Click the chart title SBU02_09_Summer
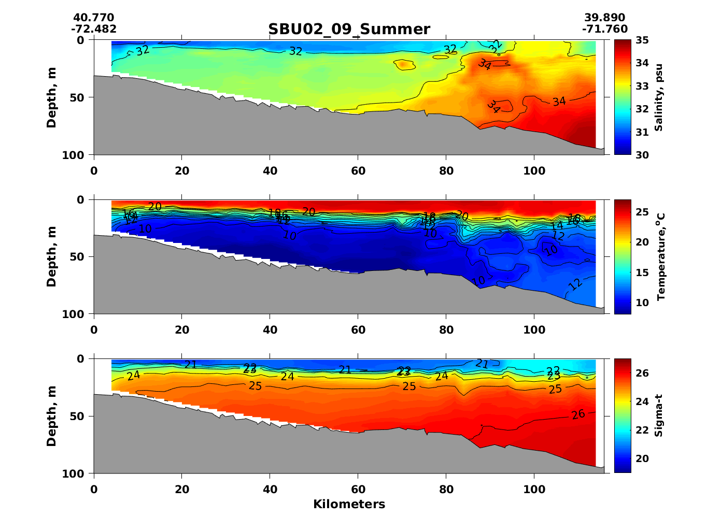[x=349, y=30]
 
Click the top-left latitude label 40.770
[x=93, y=18]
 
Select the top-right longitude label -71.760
[x=604, y=29]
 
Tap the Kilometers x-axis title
[x=349, y=504]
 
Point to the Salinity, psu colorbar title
[x=659, y=98]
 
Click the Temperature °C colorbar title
[x=660, y=256]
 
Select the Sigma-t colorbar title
[x=658, y=415]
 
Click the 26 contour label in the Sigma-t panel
[x=578, y=414]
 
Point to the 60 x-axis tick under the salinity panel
[x=358, y=171]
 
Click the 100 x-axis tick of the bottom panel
[x=534, y=490]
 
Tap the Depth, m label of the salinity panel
[x=51, y=98]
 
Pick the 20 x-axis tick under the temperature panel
[x=182, y=330]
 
